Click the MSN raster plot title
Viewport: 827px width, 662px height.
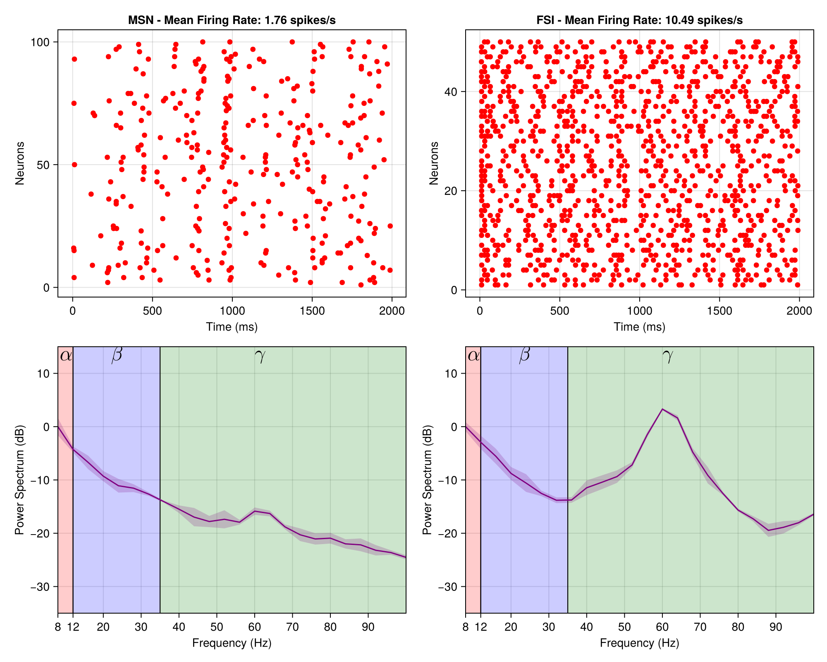pos(232,20)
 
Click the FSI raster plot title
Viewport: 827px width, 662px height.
pos(640,20)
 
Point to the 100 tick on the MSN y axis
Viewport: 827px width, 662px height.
pos(40,42)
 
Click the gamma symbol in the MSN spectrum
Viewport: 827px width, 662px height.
pos(260,356)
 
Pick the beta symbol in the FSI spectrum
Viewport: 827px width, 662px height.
pos(524,355)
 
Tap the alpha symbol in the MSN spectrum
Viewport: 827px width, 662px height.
pos(66,355)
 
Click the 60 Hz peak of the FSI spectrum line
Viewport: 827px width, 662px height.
pos(662,409)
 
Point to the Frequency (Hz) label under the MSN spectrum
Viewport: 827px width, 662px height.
pos(232,643)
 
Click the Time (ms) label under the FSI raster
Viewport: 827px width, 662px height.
pos(640,327)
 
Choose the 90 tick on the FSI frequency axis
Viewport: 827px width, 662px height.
pos(776,627)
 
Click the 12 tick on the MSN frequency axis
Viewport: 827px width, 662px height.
pos(73,627)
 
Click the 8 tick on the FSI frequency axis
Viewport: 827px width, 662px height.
pos(466,627)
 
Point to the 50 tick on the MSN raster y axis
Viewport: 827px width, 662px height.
pos(43,165)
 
